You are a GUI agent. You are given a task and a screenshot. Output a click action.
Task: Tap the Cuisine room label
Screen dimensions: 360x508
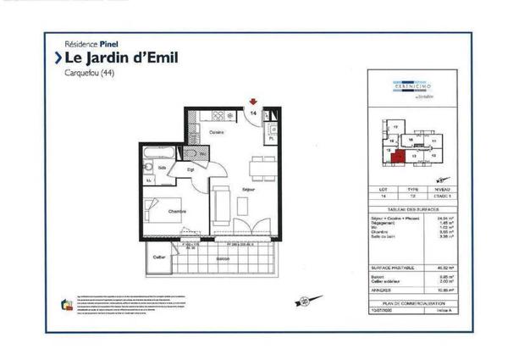(x=218, y=132)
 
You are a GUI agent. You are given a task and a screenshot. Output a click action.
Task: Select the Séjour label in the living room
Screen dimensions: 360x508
(x=249, y=189)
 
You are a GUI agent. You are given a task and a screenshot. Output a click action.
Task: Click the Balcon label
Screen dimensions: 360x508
(x=223, y=257)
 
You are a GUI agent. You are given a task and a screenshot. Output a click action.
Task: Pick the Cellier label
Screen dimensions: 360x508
(x=158, y=256)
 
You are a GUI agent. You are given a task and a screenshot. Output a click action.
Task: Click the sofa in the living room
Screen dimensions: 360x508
(x=219, y=202)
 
